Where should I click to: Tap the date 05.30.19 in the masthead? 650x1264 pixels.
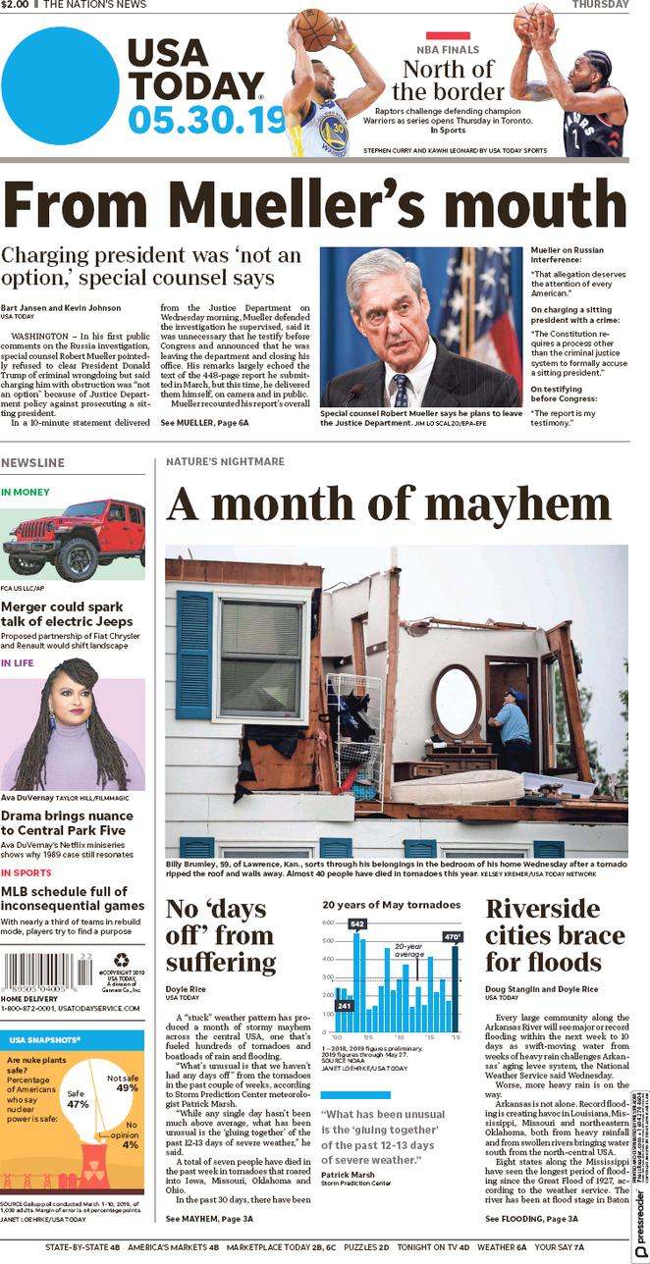(x=205, y=120)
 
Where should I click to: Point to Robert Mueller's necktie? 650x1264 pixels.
(x=400, y=390)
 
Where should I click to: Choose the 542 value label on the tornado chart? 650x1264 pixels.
(x=357, y=923)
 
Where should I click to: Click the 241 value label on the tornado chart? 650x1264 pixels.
(x=345, y=1006)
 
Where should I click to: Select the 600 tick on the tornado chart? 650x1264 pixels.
(x=329, y=923)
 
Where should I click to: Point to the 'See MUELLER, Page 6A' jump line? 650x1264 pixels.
(x=204, y=422)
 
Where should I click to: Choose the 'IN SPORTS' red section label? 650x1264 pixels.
(x=27, y=872)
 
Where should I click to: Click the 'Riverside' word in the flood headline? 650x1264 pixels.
(x=542, y=908)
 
